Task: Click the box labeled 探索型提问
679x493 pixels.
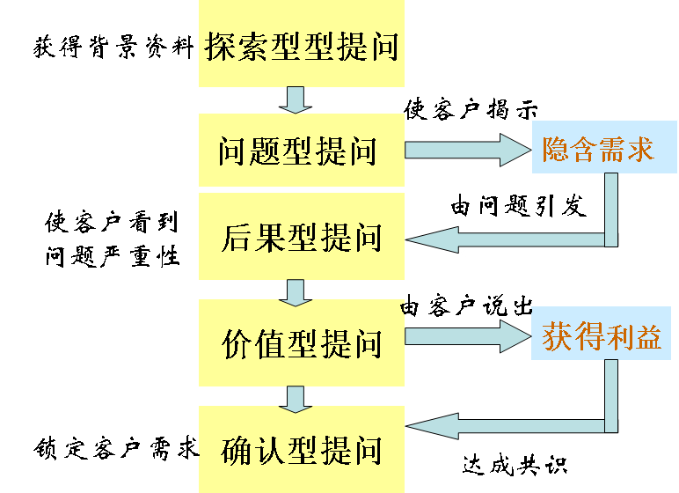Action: [301, 44]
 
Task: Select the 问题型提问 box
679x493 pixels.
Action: [301, 151]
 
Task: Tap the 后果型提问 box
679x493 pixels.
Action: [301, 237]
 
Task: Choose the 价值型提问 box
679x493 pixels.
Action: [301, 342]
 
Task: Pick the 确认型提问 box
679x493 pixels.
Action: [301, 448]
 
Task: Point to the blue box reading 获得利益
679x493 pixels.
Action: [601, 336]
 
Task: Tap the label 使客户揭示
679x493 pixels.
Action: [471, 110]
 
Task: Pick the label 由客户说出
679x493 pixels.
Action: [467, 307]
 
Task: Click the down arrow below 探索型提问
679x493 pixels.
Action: [295, 99]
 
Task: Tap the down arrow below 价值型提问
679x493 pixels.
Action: [295, 399]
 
